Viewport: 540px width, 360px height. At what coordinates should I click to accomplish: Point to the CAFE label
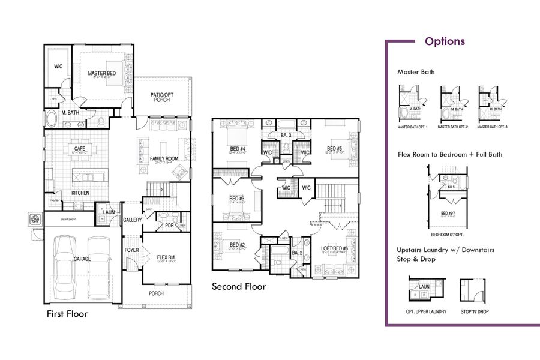(x=79, y=148)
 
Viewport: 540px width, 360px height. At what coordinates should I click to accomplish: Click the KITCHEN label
(x=81, y=193)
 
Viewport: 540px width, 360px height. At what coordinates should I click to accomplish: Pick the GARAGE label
(x=82, y=260)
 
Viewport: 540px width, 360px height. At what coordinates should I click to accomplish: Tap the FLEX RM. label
(x=166, y=256)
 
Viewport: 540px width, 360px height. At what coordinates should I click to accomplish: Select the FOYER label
(x=131, y=250)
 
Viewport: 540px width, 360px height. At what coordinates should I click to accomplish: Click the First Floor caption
(x=67, y=314)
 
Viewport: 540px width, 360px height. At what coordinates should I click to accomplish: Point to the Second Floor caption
(x=238, y=287)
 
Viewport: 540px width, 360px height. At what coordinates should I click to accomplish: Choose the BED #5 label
(x=334, y=149)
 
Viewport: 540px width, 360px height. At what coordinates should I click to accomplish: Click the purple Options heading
(x=445, y=41)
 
